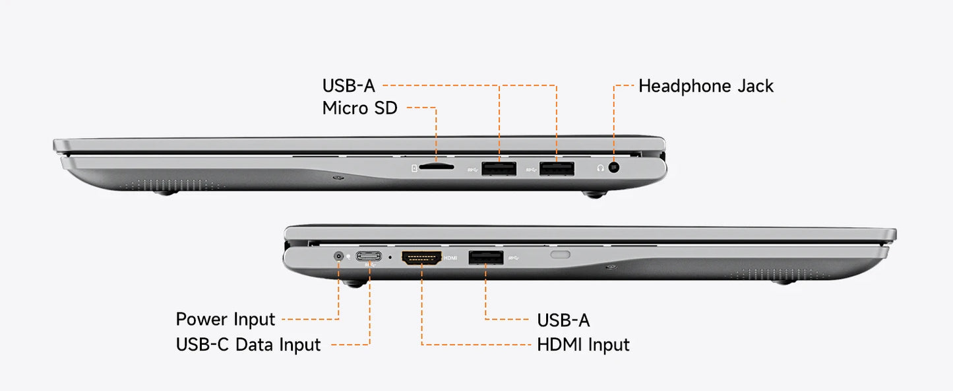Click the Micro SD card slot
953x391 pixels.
point(437,166)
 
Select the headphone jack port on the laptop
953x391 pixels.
point(613,167)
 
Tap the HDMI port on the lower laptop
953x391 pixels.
point(421,258)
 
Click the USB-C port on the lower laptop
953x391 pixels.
point(369,256)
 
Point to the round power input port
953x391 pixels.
point(338,256)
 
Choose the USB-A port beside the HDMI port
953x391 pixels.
point(486,258)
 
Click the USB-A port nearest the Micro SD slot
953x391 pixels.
point(499,168)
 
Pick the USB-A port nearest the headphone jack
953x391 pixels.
point(557,168)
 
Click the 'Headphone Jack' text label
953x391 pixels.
point(706,86)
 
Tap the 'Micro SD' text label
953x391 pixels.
point(360,108)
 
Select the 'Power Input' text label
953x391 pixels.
point(226,320)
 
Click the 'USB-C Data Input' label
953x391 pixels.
point(248,345)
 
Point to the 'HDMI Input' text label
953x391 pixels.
point(583,345)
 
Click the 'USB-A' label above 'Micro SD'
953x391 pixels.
point(348,86)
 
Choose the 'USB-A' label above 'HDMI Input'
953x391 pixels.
point(563,320)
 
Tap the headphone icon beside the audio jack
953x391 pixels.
point(600,168)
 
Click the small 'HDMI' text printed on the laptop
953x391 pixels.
point(450,258)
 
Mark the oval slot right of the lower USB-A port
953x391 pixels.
point(561,255)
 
